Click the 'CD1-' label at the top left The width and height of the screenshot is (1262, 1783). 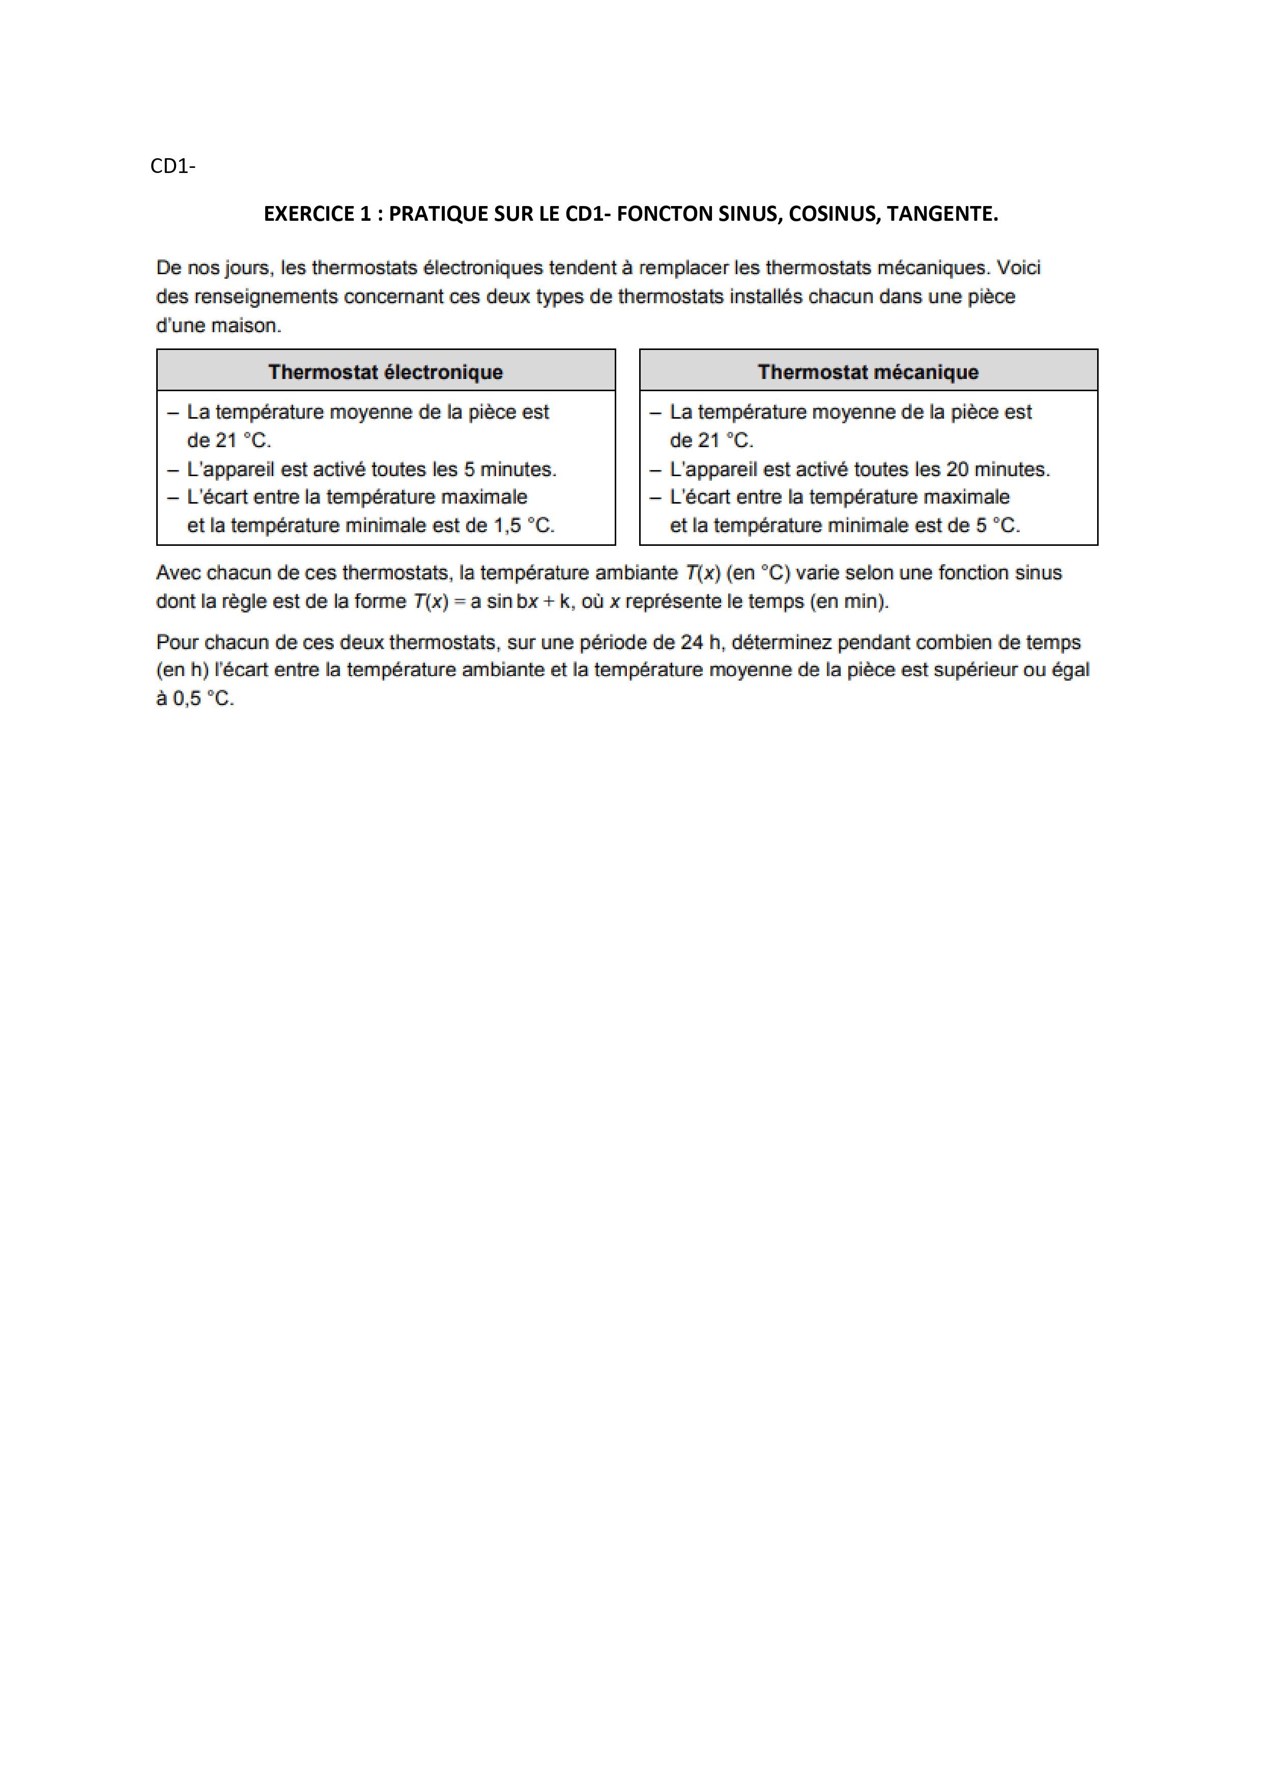[173, 166]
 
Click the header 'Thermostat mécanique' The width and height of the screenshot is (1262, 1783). [868, 372]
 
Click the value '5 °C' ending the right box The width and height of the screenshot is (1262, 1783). [998, 526]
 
